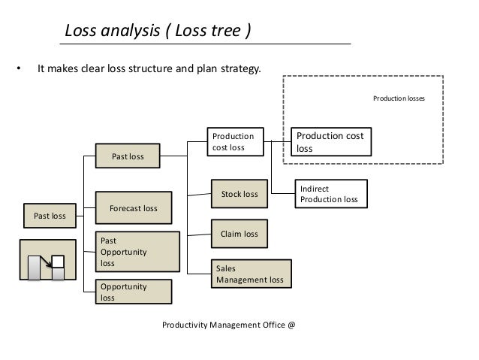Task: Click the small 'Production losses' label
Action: point(399,98)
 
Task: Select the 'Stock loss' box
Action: point(239,194)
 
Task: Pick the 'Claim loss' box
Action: point(239,234)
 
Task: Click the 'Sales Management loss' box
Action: point(251,274)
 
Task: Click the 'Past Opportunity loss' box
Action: point(138,251)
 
